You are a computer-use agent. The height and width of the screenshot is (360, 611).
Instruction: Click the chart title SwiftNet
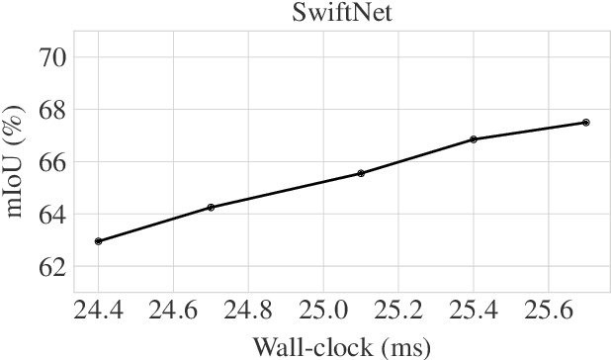point(341,13)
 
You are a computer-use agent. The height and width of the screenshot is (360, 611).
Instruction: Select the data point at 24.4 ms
point(99,241)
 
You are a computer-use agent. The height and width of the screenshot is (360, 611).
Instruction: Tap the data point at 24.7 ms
point(211,208)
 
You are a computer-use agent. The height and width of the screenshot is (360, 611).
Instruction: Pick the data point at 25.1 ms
point(361,173)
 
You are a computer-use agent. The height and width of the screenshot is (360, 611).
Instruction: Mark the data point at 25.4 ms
point(474,139)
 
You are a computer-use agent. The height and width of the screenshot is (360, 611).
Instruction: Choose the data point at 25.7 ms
point(585,123)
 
